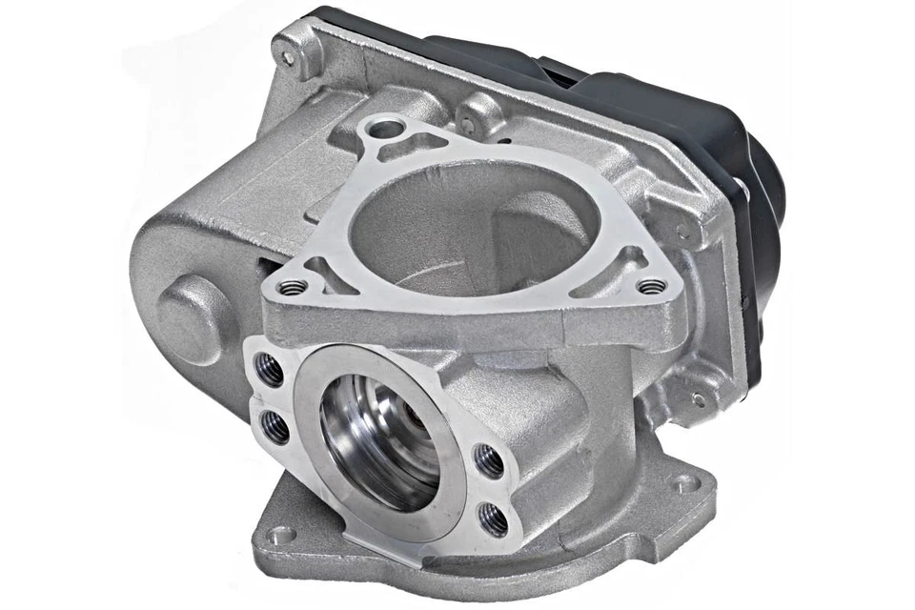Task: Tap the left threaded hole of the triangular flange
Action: point(293,286)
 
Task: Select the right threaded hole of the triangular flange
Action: point(651,286)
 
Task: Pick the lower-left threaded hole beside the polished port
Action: point(274,428)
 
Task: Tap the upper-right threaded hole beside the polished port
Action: point(488,461)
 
